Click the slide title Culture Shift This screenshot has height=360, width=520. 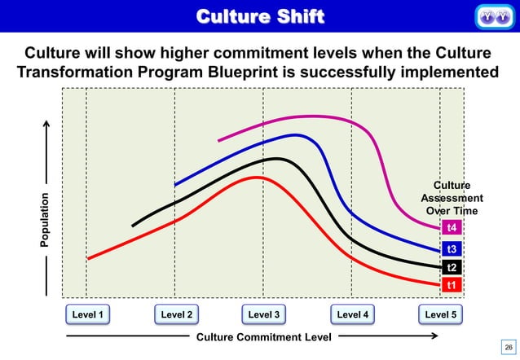pyautogui.click(x=260, y=15)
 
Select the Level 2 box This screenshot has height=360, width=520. pyautogui.click(x=177, y=314)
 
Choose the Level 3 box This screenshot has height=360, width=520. pyautogui.click(x=265, y=314)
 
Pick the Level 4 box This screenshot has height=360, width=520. pyautogui.click(x=353, y=314)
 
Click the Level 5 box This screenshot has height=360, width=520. pyautogui.click(x=441, y=314)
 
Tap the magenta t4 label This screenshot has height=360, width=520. pyautogui.click(x=452, y=227)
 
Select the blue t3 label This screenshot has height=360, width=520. pyautogui.click(x=452, y=249)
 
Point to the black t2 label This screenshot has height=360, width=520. pyautogui.click(x=452, y=267)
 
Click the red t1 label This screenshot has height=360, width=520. pyautogui.click(x=452, y=285)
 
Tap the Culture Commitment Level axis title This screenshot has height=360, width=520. pyautogui.click(x=264, y=336)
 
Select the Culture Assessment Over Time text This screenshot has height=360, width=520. pyautogui.click(x=452, y=199)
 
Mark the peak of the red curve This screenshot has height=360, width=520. pyautogui.click(x=257, y=177)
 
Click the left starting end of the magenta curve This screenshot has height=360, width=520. pyautogui.click(x=218, y=140)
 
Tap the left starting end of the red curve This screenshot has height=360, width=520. pyautogui.click(x=88, y=258)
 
